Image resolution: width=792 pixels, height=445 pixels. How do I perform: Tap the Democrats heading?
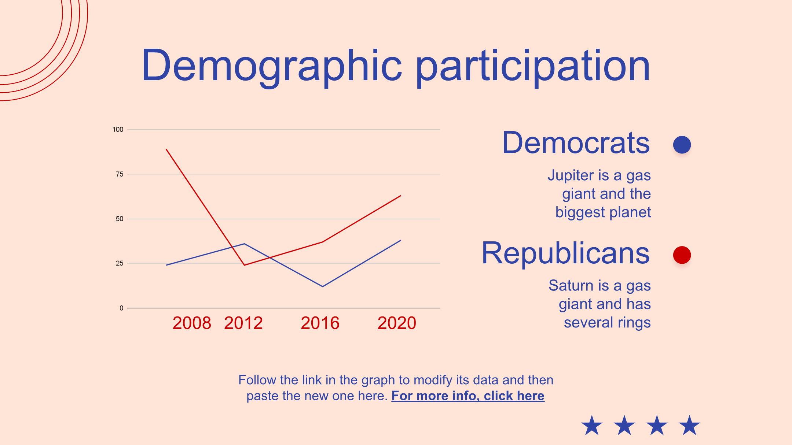(576, 143)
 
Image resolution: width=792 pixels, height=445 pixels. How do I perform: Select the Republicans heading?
(565, 253)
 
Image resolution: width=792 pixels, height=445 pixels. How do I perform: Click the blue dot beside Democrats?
(682, 145)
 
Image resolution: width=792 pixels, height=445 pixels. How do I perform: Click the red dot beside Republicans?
(682, 255)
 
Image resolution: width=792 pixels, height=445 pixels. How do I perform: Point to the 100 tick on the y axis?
(118, 129)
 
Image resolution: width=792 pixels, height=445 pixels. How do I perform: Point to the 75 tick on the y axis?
(120, 174)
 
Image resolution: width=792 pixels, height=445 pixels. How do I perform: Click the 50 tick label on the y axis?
(120, 219)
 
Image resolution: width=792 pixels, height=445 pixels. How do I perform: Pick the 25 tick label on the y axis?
(120, 263)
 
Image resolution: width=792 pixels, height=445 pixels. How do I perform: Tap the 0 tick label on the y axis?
(121, 308)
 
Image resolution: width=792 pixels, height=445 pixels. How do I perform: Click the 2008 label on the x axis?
(192, 323)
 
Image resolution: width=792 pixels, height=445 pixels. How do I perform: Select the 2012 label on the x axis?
(243, 323)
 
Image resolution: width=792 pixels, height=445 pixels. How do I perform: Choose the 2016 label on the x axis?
(320, 323)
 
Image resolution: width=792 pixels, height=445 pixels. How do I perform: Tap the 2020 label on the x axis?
(397, 323)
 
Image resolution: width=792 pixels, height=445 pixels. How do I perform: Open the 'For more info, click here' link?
(468, 396)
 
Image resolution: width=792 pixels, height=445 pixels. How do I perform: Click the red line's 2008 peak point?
(166, 149)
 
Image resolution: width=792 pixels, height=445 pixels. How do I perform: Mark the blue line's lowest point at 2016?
(322, 286)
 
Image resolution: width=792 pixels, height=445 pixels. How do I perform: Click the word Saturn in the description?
(571, 286)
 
